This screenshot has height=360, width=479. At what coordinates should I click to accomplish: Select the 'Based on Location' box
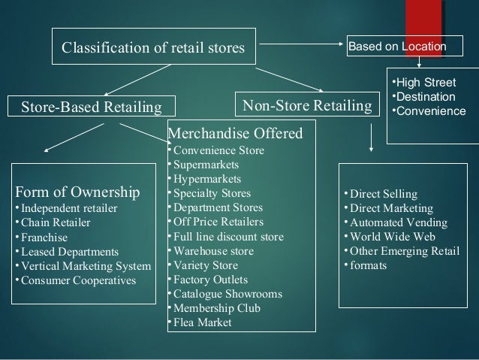[396, 46]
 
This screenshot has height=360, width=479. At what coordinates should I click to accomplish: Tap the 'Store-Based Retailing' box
[89, 107]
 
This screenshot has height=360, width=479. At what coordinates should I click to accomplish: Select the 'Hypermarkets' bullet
[206, 179]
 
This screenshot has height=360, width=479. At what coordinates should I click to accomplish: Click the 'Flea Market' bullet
[203, 322]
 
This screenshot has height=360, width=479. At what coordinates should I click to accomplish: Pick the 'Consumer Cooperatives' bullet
[78, 280]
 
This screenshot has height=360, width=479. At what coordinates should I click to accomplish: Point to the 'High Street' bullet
[426, 83]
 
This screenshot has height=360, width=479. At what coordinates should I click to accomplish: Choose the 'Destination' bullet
[426, 97]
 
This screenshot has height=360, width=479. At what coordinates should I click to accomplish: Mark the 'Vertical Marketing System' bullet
[86, 265]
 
